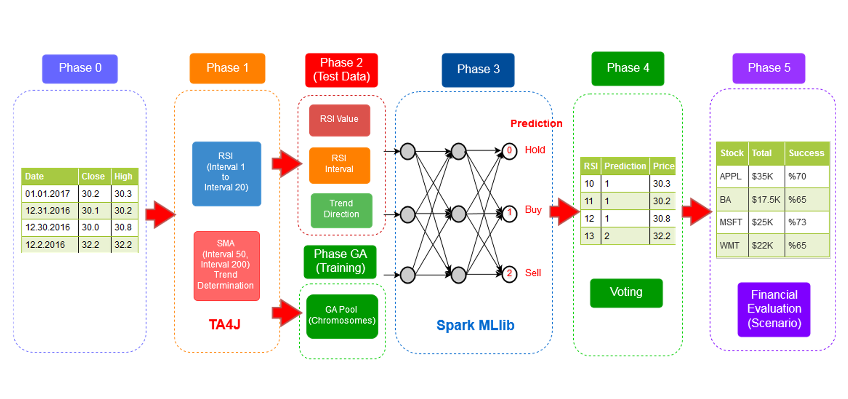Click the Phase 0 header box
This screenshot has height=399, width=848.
click(x=80, y=69)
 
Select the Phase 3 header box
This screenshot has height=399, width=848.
click(x=478, y=70)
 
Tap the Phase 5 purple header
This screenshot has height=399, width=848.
click(x=769, y=68)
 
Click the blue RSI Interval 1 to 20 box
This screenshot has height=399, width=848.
click(x=226, y=174)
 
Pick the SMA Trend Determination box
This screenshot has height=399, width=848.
click(x=226, y=265)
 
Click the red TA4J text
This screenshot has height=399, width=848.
click(x=224, y=324)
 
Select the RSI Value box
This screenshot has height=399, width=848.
click(x=339, y=120)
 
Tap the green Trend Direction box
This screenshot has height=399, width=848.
click(x=341, y=210)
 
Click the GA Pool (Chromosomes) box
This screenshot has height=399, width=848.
click(x=342, y=316)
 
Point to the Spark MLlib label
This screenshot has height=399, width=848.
click(x=475, y=325)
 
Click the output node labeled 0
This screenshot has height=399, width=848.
click(x=509, y=151)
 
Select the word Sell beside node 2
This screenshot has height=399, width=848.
click(x=533, y=273)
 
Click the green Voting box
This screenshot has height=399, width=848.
click(x=626, y=293)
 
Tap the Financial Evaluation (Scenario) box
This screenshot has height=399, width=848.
click(x=774, y=309)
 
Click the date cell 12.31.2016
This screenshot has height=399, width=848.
click(x=48, y=210)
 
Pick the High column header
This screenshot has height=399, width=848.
click(x=123, y=176)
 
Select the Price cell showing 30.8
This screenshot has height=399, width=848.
click(x=661, y=219)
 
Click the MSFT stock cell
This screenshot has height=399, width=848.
click(x=731, y=222)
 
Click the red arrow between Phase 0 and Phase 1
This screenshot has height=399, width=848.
click(x=160, y=214)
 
